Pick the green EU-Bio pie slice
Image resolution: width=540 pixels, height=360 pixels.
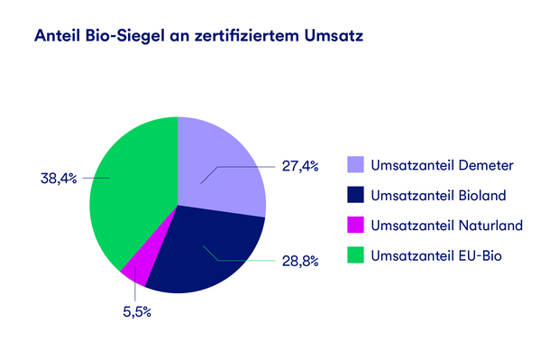(x=131, y=189)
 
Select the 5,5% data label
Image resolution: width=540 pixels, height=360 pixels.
(x=137, y=311)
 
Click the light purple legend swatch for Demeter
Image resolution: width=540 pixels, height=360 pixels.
(x=356, y=164)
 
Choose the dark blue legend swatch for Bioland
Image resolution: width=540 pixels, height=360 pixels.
(x=356, y=195)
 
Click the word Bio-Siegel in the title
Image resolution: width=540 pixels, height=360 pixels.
(x=124, y=37)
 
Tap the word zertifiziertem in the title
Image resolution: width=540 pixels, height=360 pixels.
(x=243, y=37)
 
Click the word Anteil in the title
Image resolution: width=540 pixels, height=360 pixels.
(x=55, y=37)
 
